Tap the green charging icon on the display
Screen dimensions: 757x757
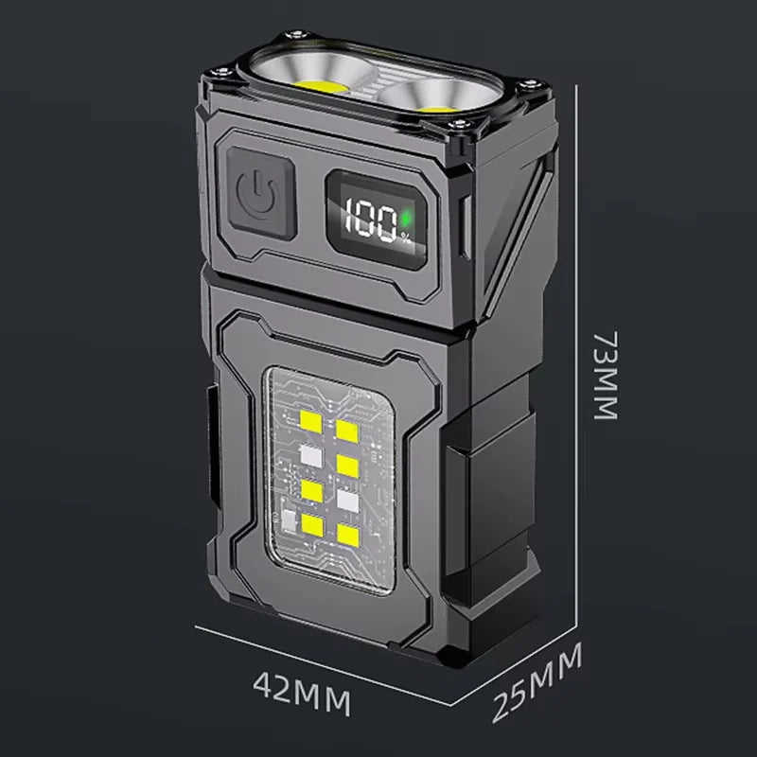[406, 220]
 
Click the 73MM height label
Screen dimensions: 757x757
[606, 375]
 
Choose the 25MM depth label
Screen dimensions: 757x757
[537, 681]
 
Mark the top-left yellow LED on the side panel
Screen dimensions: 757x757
[310, 422]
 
